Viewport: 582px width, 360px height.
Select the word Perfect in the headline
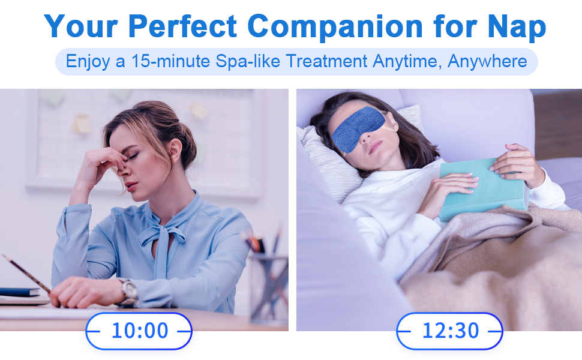[183, 26]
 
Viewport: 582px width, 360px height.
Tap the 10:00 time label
[139, 331]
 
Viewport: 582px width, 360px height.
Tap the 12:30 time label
[449, 331]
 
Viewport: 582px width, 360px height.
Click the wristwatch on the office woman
[128, 291]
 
